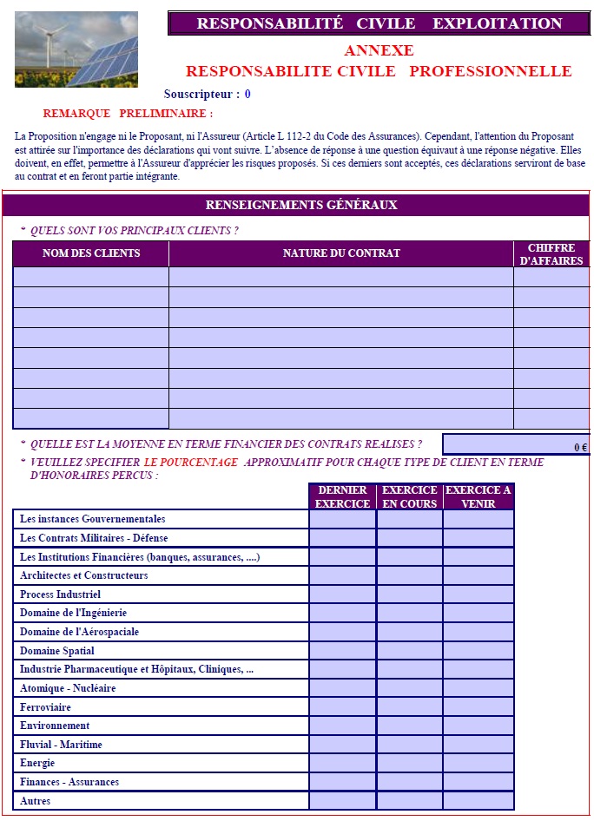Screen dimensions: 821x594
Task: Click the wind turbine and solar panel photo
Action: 76,49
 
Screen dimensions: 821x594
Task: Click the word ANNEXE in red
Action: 379,50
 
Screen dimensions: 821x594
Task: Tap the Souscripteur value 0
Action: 247,94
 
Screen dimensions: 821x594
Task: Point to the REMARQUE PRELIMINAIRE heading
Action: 128,114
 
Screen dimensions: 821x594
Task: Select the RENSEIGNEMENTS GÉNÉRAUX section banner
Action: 300,206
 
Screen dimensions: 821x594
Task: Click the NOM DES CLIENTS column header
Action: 91,253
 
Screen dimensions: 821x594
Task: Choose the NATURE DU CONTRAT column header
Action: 341,253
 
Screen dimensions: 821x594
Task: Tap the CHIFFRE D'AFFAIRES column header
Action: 551,254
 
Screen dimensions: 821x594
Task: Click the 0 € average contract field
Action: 516,444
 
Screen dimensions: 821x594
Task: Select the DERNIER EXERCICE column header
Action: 342,496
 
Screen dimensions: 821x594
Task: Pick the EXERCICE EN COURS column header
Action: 410,496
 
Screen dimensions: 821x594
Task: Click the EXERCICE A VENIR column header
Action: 478,496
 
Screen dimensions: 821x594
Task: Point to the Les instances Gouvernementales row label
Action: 93,519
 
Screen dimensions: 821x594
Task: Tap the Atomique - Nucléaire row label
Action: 68,688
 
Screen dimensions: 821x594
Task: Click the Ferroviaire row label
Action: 46,707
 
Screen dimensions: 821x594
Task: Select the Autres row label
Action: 36,801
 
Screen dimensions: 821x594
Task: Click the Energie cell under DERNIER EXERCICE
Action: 342,763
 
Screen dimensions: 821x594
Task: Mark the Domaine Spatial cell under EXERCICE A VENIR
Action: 478,651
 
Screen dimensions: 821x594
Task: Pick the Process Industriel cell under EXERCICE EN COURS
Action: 410,594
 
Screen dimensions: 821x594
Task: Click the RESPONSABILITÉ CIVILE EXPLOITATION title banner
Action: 379,23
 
